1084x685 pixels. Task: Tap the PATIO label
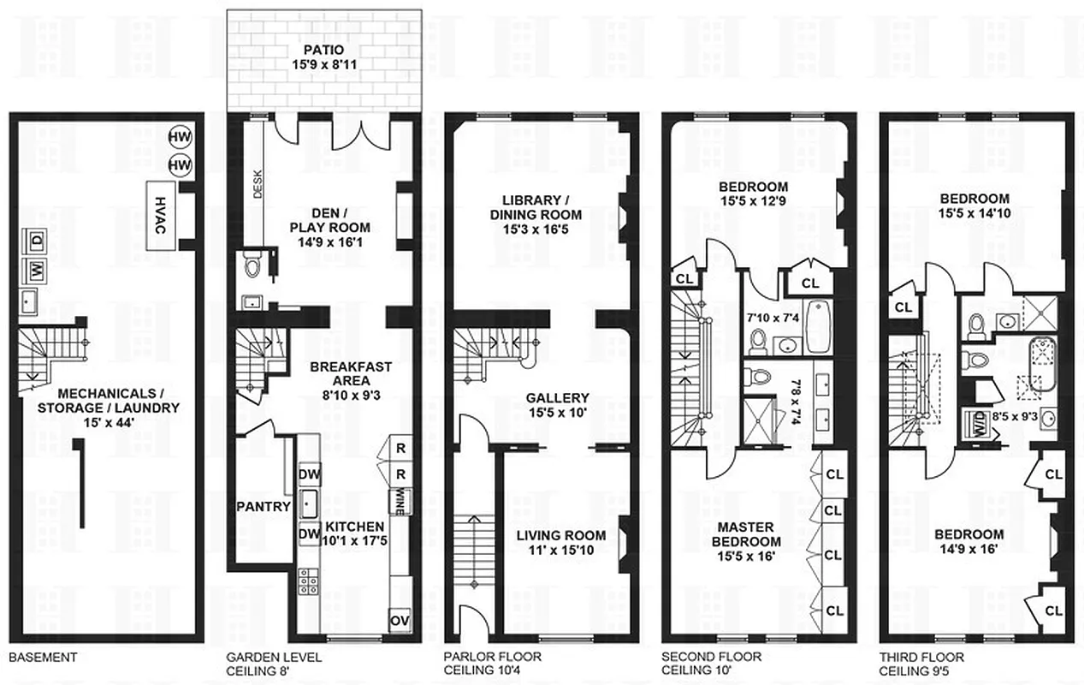pos(323,50)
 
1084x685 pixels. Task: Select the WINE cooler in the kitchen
pos(399,498)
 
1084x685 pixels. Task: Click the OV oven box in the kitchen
pos(399,620)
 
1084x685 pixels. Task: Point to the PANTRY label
pos(264,506)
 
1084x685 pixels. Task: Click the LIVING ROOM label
pos(560,535)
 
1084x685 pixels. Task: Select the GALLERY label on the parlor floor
pos(557,398)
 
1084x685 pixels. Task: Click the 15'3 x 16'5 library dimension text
pos(536,230)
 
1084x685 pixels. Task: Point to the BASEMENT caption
pos(43,658)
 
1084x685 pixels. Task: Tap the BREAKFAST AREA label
pos(339,373)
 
